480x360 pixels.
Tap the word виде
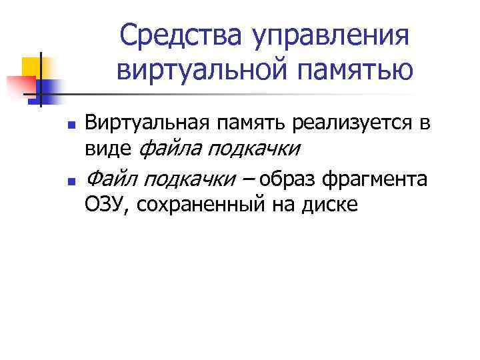(108, 147)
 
